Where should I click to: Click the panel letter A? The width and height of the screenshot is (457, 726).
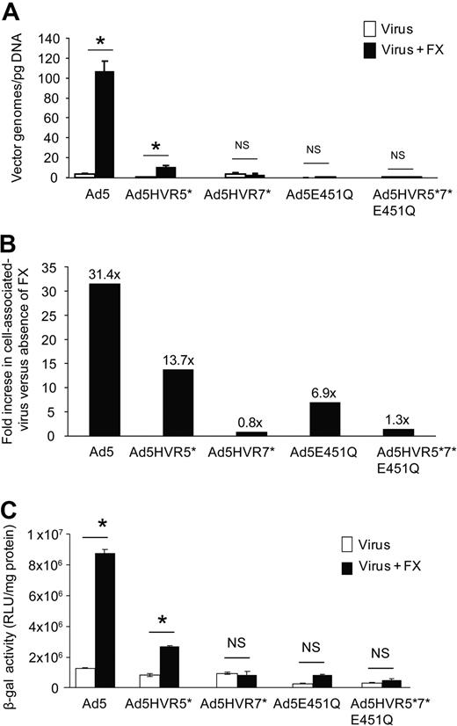[10, 10]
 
